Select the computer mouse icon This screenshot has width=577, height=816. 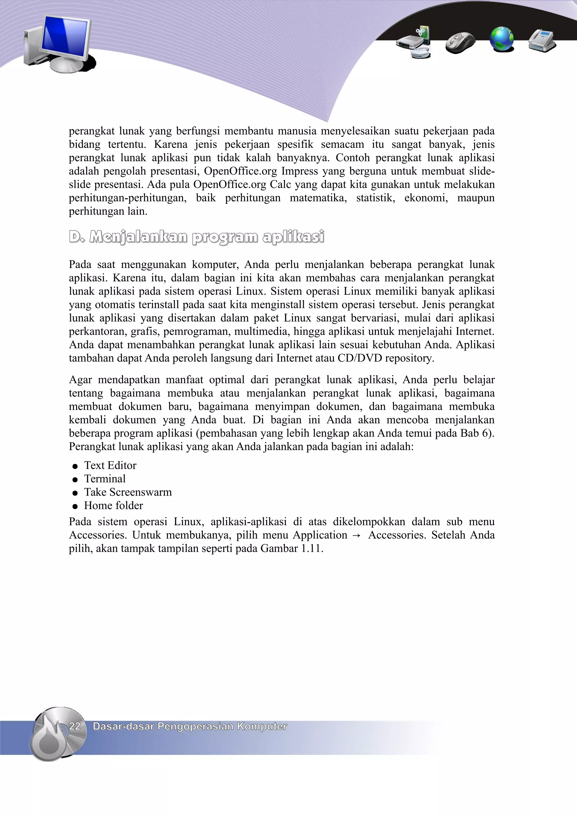460,42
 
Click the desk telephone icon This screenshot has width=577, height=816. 542,41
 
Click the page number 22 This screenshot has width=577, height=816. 75,726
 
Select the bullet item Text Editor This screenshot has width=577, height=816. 110,465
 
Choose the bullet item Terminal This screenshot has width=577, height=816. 105,479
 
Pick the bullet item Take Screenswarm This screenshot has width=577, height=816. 128,492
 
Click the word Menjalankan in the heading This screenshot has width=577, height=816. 138,237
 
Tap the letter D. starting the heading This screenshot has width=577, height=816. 76,237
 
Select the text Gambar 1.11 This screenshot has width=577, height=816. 291,549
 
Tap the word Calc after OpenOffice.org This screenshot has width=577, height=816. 280,185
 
